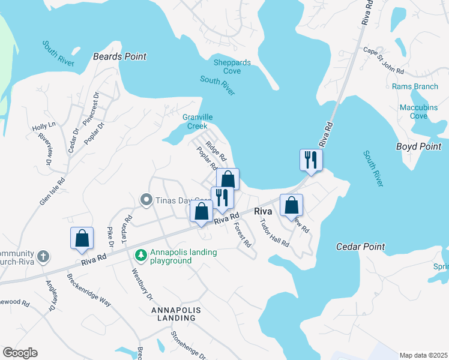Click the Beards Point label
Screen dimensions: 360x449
[x=119, y=56]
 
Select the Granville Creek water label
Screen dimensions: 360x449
[x=197, y=122]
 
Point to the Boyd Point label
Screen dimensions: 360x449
[x=418, y=146]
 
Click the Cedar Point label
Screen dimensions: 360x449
[x=360, y=247]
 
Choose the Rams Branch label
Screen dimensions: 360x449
[x=415, y=86]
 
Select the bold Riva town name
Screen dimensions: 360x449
[x=264, y=212]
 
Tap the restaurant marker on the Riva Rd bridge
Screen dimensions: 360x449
[x=311, y=160]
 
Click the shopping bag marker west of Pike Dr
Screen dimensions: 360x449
[x=82, y=238]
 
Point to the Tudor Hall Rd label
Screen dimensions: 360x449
[x=274, y=233]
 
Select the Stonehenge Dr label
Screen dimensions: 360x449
[x=188, y=346]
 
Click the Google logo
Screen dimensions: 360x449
[x=20, y=353]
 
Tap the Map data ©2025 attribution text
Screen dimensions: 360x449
[x=423, y=355]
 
